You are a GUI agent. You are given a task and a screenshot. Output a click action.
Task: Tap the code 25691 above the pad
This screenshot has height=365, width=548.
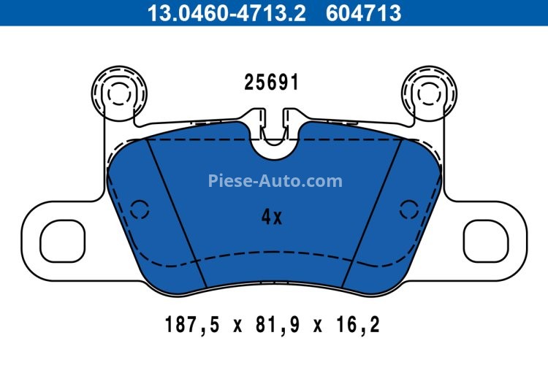pos(271,83)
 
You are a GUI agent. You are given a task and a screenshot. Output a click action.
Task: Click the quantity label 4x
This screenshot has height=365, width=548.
pos(271,216)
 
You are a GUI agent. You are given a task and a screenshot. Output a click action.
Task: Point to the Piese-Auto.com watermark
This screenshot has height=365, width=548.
pos(275,180)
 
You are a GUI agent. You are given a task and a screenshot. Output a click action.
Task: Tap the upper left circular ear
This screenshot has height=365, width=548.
pos(117,92)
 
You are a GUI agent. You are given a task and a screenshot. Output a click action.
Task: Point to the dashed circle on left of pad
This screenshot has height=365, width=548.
pos(138,210)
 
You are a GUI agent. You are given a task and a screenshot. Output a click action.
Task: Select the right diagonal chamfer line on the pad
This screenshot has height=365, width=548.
pos(373,212)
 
